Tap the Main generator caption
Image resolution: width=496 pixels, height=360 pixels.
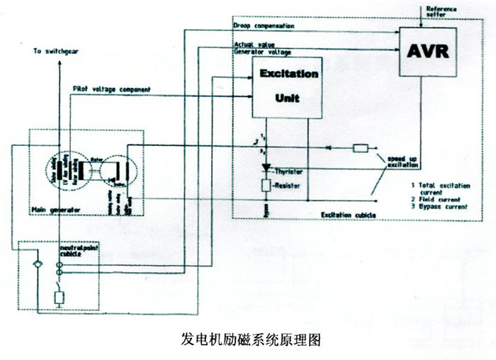click(x=56, y=210)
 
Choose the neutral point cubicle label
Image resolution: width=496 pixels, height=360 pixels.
click(x=79, y=253)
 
